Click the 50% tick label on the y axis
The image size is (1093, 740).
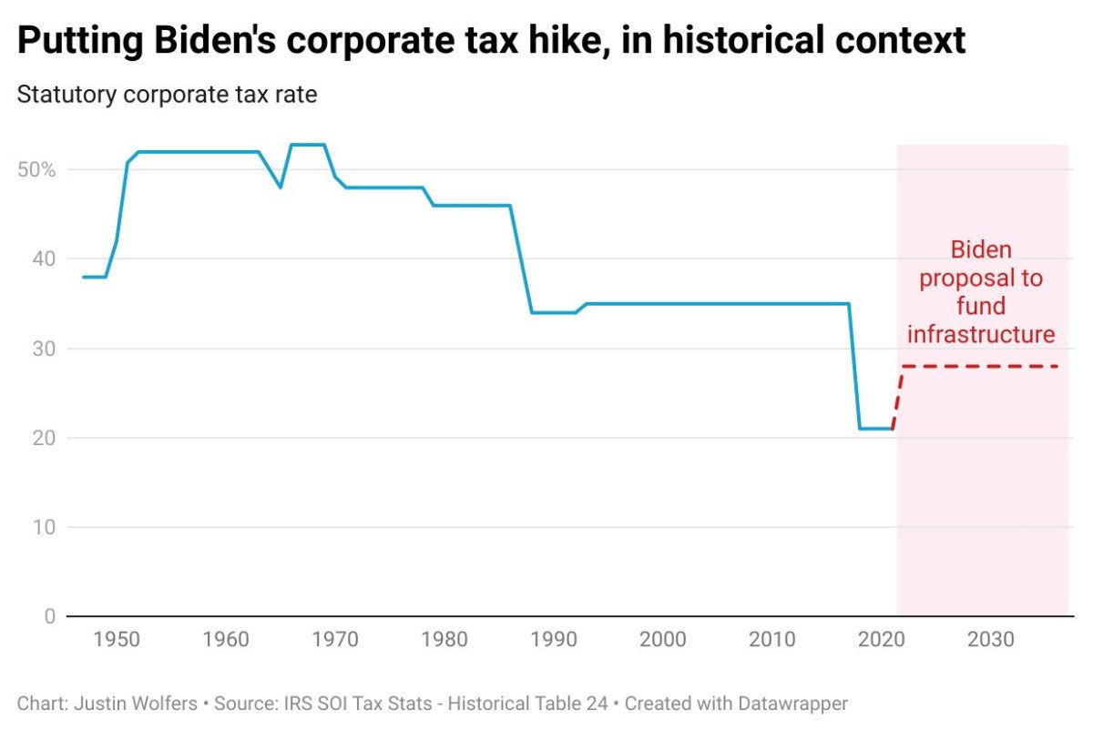[36, 170]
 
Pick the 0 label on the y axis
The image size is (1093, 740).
[49, 616]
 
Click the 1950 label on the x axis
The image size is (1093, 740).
[117, 640]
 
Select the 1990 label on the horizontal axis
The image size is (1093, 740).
[554, 640]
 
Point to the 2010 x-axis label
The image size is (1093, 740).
[772, 640]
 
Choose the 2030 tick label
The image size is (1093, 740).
[991, 640]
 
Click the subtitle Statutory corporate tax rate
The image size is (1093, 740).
[167, 95]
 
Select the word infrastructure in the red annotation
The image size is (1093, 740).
[981, 334]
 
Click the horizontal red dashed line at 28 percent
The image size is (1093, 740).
[979, 366]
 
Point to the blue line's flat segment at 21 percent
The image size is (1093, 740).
[875, 429]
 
